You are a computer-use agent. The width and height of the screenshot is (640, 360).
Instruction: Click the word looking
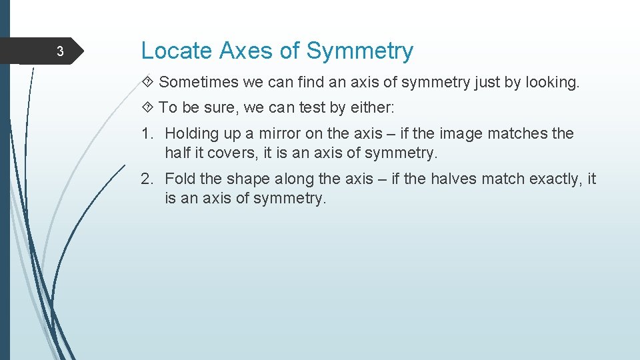(553, 83)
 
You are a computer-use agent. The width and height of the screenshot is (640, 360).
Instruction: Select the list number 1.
(147, 133)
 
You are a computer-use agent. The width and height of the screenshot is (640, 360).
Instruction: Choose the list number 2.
(147, 179)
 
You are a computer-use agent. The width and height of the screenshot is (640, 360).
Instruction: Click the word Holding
(192, 133)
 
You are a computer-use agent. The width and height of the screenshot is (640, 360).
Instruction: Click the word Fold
(179, 179)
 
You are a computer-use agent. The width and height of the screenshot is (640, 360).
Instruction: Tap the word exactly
(549, 179)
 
